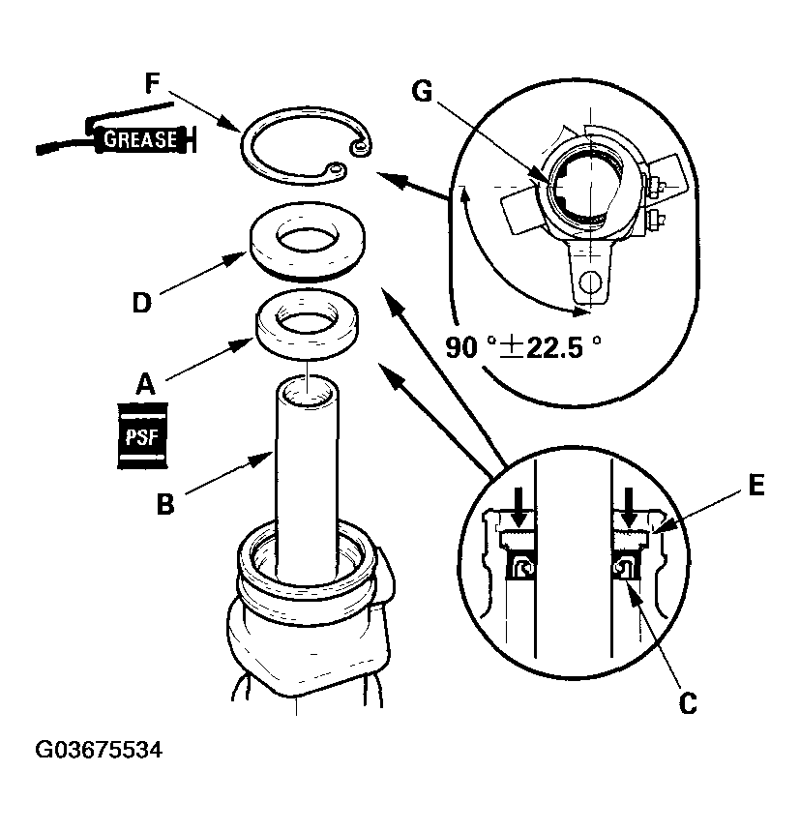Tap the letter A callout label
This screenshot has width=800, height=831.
click(x=144, y=384)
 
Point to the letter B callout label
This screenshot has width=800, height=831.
click(x=165, y=504)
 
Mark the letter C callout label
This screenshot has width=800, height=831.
click(x=687, y=703)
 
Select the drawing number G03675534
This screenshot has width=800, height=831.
click(x=99, y=751)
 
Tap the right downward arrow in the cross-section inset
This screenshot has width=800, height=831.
click(x=630, y=502)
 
